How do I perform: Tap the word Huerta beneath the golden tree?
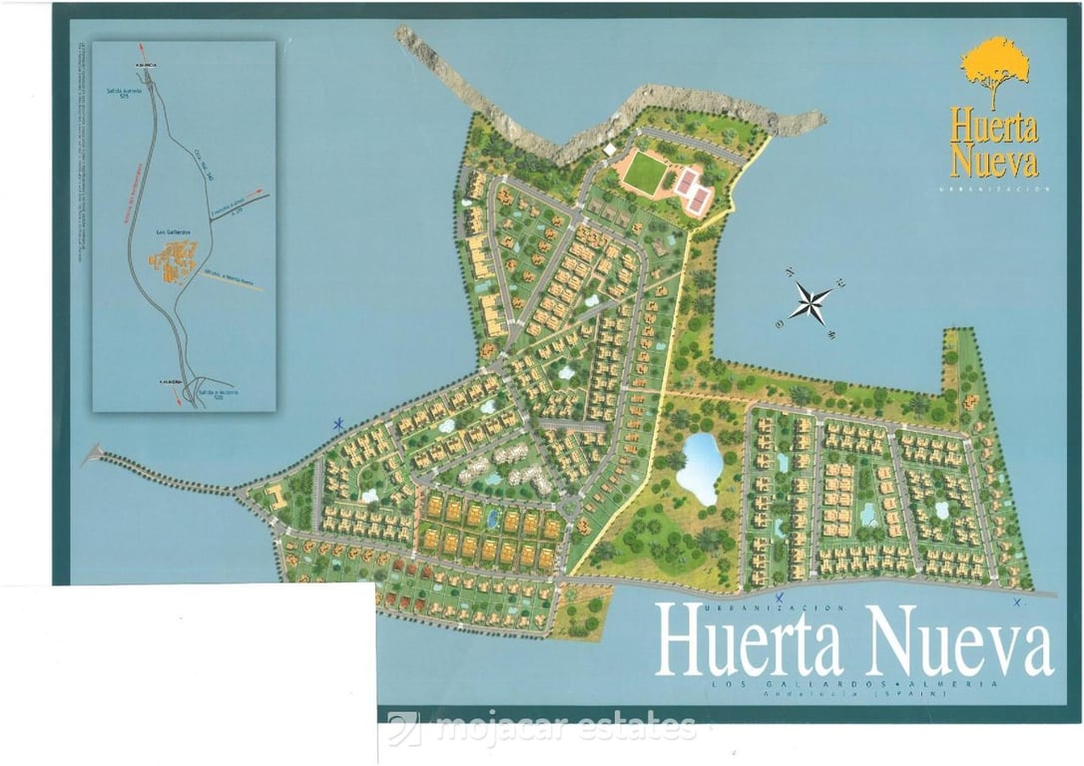click(993, 128)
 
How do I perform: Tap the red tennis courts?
click(691, 185)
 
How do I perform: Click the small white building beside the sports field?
click(610, 150)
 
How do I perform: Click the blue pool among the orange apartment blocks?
click(492, 519)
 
